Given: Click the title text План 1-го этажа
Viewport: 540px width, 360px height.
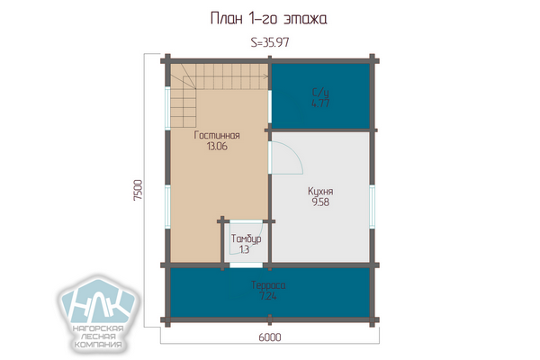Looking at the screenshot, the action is click(x=268, y=19).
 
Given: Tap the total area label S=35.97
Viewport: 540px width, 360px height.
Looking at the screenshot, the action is click(x=270, y=42).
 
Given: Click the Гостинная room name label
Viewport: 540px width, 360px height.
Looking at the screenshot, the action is click(x=217, y=135).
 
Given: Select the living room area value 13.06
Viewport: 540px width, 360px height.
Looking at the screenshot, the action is click(x=217, y=146).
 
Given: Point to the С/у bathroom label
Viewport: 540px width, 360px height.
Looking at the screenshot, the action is click(x=320, y=93).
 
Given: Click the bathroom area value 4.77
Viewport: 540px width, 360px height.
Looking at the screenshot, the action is click(x=320, y=103).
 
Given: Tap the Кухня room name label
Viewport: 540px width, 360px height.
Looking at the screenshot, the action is click(x=320, y=192).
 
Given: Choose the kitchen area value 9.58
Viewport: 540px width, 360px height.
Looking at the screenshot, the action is click(x=320, y=202).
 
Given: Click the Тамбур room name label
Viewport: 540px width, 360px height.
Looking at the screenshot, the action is click(x=246, y=238).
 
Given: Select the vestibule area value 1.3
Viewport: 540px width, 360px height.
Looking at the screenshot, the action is click(x=244, y=249).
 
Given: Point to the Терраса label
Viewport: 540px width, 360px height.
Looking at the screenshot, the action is click(x=268, y=285).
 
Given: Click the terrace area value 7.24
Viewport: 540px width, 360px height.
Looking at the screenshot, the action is click(x=268, y=296).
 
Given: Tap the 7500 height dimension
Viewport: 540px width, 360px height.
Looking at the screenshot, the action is click(x=138, y=190).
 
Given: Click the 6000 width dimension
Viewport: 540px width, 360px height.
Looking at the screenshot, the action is click(x=270, y=337).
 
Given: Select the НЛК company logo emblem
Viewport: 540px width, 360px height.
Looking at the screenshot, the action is click(x=99, y=301).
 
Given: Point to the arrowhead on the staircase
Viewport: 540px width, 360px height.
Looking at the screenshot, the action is click(x=265, y=76).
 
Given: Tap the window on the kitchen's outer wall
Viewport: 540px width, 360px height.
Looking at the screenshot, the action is click(x=372, y=206).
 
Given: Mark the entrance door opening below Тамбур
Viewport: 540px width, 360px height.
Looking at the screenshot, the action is click(x=246, y=265).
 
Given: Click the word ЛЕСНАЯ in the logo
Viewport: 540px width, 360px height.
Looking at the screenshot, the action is click(x=98, y=337).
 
